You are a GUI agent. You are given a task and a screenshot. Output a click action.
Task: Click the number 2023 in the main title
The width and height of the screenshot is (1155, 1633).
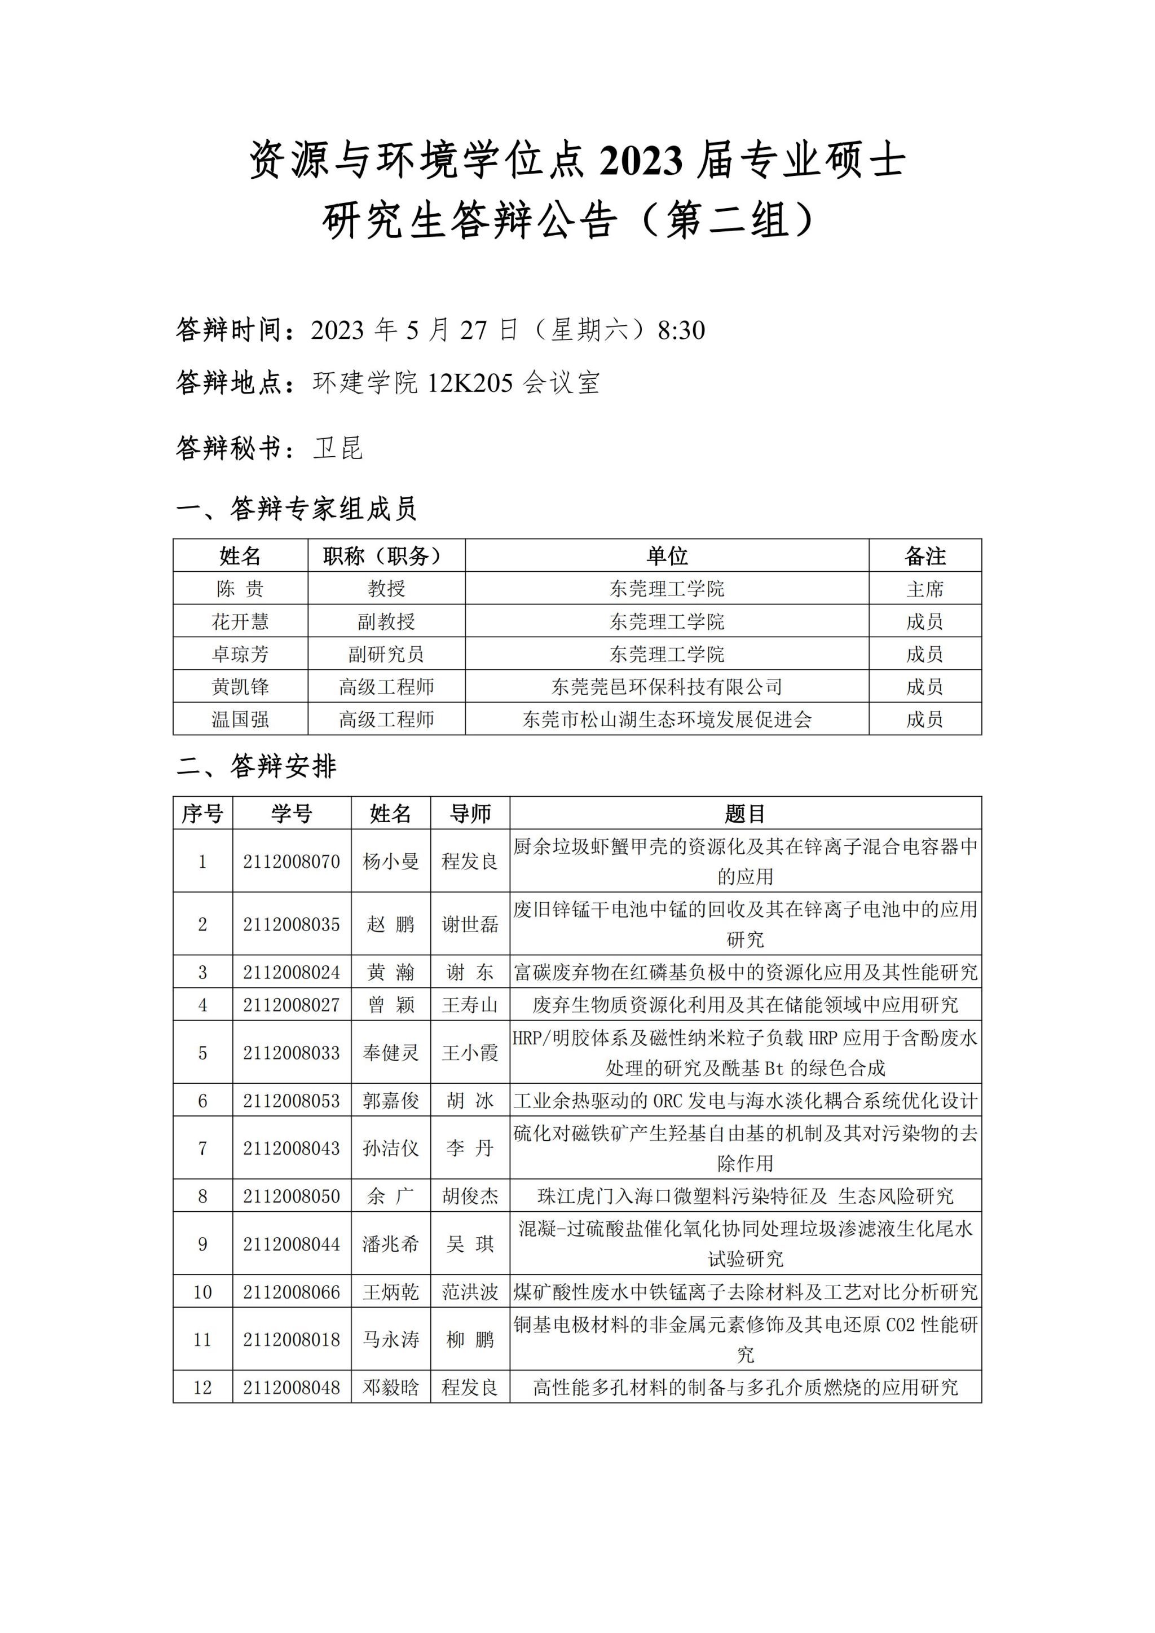[641, 160]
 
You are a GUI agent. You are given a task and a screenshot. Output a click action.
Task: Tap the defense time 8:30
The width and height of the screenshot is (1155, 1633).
[681, 330]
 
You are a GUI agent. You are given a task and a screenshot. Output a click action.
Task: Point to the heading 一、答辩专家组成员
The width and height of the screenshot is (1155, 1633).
[296, 509]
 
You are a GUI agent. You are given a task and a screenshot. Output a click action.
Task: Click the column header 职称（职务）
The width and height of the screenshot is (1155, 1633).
[386, 555]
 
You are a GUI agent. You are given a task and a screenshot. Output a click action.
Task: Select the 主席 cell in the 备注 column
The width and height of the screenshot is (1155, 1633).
[924, 589]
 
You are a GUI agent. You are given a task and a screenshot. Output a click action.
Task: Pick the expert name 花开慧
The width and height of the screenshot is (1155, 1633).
[240, 621]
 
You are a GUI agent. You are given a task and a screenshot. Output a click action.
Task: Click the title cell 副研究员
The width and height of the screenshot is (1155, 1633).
[386, 654]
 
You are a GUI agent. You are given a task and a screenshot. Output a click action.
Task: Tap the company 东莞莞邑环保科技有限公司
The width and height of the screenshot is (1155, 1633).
[667, 687]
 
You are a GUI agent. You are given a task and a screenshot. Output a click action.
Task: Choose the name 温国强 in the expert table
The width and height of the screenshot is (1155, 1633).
[240, 720]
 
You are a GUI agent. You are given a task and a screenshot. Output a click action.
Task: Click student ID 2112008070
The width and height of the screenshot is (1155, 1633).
[292, 861]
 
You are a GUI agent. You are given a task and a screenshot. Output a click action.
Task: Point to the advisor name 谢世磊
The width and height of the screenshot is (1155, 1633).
[470, 924]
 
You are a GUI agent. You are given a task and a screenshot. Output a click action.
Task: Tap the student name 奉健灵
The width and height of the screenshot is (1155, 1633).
[390, 1053]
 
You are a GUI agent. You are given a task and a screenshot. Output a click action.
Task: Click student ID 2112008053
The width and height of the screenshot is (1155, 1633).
[292, 1101]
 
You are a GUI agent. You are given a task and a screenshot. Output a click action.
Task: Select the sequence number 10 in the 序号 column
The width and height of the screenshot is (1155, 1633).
[202, 1292]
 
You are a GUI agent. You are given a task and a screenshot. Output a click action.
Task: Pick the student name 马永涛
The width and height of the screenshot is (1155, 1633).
[390, 1340]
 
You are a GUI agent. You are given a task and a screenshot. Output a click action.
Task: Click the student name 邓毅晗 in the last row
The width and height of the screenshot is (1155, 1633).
[390, 1388]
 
